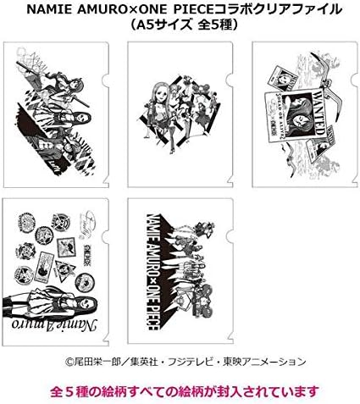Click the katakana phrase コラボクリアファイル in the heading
274,9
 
